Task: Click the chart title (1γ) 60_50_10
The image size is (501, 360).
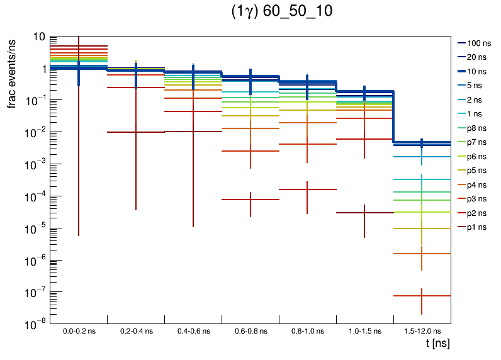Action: [281, 12]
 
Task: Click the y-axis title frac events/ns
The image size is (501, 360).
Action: [11, 72]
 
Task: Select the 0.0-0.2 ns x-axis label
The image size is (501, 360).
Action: [79, 330]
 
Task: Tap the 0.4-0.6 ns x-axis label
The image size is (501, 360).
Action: [193, 330]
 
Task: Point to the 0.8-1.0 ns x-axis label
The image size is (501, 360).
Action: [307, 330]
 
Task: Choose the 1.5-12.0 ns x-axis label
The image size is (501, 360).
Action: [422, 330]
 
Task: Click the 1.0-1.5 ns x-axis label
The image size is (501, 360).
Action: [364, 330]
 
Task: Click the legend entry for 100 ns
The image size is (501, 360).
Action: [478, 43]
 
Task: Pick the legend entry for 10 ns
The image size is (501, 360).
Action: [478, 71]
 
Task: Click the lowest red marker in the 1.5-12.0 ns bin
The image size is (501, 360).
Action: [422, 295]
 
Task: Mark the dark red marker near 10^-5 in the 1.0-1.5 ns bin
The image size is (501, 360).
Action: [364, 213]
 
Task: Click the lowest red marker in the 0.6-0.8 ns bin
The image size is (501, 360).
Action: [250, 200]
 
